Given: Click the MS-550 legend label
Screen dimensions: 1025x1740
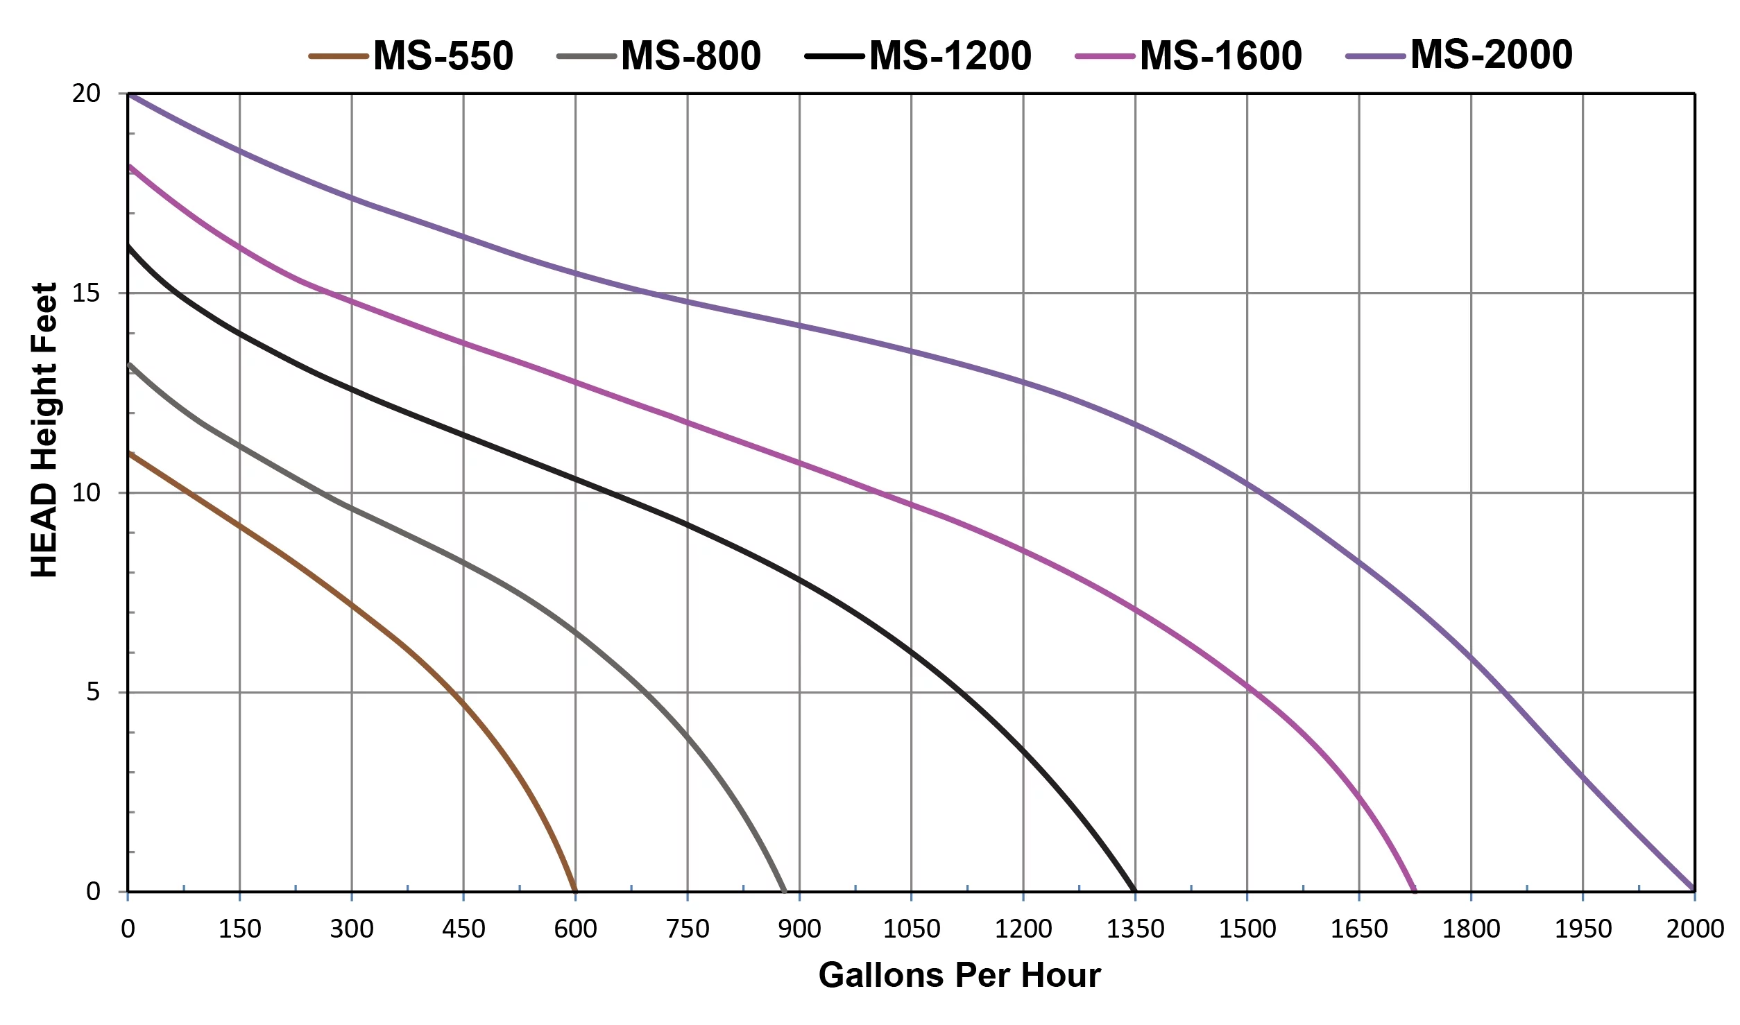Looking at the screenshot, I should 443,55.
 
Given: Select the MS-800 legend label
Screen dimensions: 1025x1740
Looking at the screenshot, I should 690,55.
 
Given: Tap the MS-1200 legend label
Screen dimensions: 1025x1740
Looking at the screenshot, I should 950,55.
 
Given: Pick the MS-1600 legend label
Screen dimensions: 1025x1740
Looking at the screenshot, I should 1220,55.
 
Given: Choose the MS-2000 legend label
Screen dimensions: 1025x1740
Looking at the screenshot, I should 1491,54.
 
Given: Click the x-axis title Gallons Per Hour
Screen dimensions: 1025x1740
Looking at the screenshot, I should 959,975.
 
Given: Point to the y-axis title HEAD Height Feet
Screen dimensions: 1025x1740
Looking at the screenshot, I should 44,430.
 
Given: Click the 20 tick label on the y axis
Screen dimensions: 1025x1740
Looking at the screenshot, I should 86,94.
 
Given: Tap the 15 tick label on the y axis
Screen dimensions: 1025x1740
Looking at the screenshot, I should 86,293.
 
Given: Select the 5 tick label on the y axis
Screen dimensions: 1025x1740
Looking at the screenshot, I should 93,692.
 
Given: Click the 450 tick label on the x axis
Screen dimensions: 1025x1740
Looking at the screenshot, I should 463,929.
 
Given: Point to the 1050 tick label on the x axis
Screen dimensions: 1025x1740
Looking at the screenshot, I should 911,929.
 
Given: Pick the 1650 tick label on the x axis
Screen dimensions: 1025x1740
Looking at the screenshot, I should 1358,929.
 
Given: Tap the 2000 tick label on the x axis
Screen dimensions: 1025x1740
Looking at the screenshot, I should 1695,929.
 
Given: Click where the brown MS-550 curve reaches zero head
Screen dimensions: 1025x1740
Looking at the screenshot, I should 575,890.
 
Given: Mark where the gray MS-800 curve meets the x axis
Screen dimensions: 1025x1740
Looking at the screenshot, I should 785,890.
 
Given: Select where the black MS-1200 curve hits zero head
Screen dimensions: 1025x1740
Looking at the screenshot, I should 1134,890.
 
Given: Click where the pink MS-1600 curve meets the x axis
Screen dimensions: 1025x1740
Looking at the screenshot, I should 1415,890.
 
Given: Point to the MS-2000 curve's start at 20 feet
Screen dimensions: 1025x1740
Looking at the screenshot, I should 129,94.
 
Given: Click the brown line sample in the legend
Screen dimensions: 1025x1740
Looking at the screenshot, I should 338,56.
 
